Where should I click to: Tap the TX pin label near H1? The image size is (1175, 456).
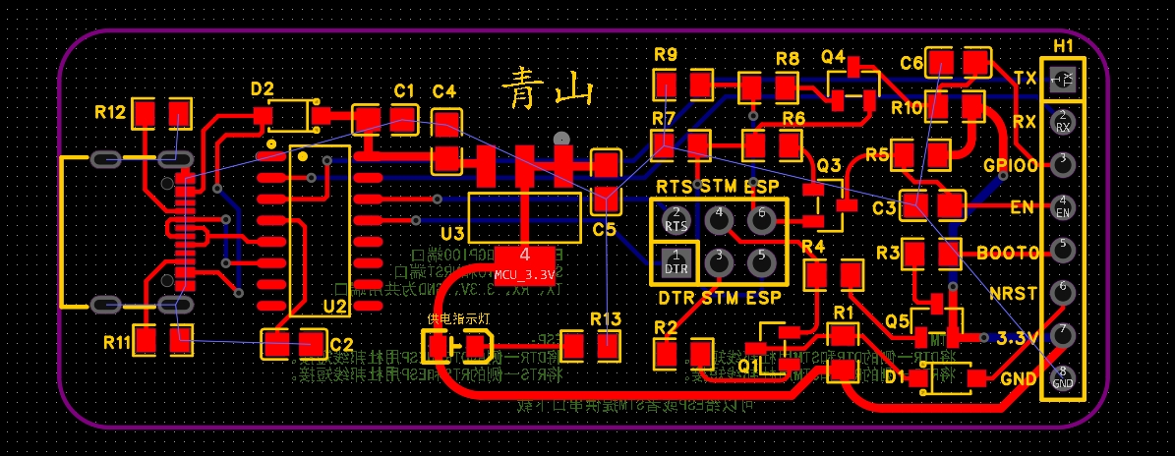tap(1025, 79)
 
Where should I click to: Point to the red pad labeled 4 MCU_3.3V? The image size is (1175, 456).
tap(525, 256)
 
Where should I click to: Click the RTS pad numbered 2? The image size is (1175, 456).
tap(676, 220)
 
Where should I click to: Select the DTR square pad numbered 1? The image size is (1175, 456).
tap(676, 262)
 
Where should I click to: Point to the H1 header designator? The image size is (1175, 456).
tap(1063, 46)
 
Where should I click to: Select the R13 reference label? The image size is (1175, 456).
tap(606, 318)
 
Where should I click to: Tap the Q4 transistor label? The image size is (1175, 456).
tap(834, 57)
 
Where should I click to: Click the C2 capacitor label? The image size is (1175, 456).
tap(341, 345)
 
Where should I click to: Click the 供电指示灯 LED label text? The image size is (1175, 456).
tap(458, 318)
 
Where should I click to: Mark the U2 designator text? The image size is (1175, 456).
tap(335, 308)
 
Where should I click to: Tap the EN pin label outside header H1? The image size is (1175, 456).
tap(1023, 207)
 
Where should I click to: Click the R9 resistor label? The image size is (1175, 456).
tap(665, 55)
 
